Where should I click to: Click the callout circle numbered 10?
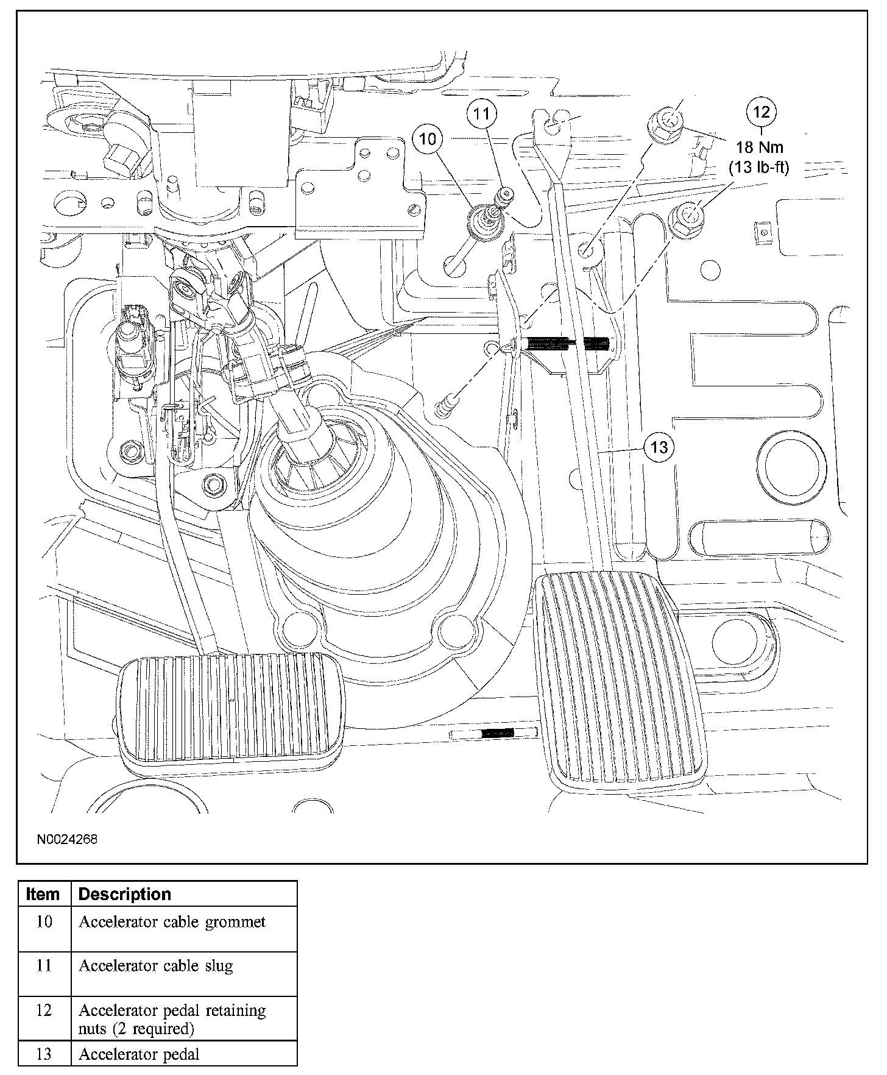(428, 139)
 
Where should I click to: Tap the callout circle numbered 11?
(482, 113)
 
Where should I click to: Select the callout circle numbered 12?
(762, 112)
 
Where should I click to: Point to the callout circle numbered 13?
(659, 448)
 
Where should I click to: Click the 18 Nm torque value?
(759, 147)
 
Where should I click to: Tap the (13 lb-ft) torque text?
(759, 168)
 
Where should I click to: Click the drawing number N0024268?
(67, 839)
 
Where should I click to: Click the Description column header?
(125, 895)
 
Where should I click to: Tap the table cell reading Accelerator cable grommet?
(172, 922)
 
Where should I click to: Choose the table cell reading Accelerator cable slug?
(156, 966)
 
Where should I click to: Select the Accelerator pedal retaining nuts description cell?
(172, 1019)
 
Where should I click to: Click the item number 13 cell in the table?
(44, 1054)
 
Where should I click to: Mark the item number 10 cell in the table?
(44, 922)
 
